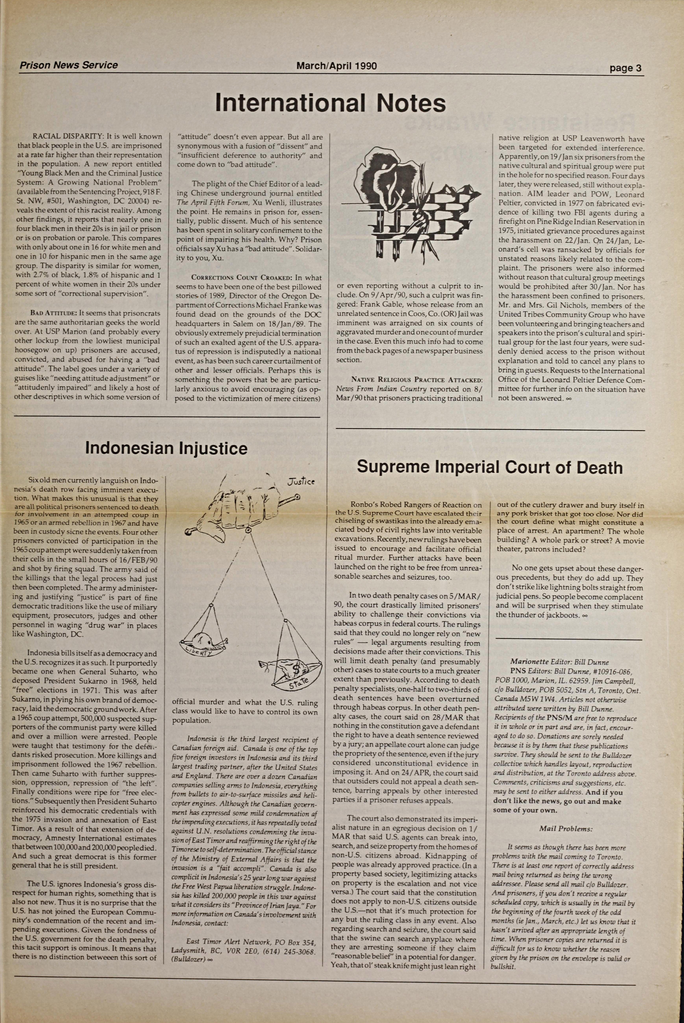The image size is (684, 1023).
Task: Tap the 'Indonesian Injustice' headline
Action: [x=166, y=448]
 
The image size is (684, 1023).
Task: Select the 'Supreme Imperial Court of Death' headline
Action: [x=489, y=467]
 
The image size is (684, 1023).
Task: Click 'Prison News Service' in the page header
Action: [x=69, y=65]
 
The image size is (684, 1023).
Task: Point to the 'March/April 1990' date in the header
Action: [x=336, y=66]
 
